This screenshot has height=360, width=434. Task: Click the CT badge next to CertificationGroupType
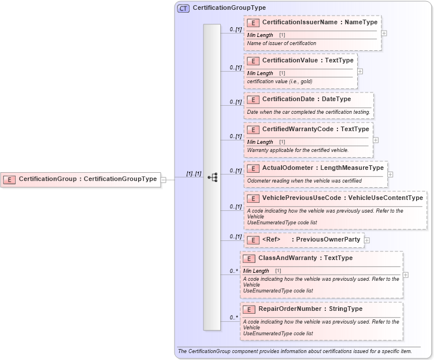(x=183, y=9)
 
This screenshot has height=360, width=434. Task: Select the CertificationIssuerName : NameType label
(x=320, y=23)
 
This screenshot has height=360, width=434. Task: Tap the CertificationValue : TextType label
(x=307, y=60)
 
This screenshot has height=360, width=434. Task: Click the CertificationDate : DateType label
(x=306, y=99)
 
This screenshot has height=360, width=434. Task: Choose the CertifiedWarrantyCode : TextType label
(x=316, y=129)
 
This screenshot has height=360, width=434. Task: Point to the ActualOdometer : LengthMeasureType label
(x=322, y=168)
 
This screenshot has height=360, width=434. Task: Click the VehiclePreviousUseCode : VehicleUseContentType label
(x=342, y=198)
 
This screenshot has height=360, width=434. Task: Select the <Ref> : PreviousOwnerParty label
(x=311, y=240)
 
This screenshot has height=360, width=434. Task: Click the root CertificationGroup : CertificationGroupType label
(x=88, y=179)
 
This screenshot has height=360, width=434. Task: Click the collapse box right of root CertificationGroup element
(x=164, y=180)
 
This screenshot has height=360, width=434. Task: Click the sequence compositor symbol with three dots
(x=212, y=177)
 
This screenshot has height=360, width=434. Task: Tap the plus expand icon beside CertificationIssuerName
(x=384, y=33)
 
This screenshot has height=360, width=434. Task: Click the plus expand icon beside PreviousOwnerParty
(x=367, y=240)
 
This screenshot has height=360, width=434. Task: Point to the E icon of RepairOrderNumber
(x=249, y=309)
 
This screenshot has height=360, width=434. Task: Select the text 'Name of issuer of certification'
(x=281, y=43)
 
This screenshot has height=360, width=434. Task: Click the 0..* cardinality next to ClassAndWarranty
(x=233, y=270)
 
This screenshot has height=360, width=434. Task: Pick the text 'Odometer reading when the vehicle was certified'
(x=304, y=181)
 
